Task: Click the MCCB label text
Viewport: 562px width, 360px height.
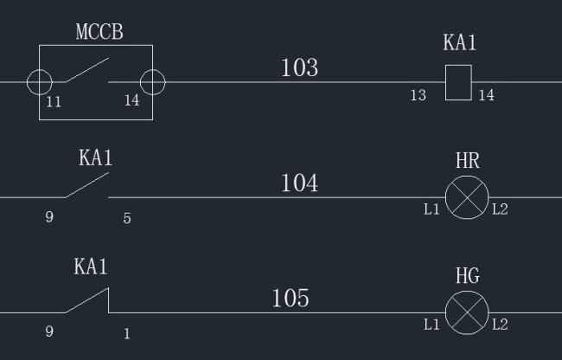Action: (99, 33)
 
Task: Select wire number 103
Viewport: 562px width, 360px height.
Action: (299, 67)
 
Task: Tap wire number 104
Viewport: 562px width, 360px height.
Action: (299, 183)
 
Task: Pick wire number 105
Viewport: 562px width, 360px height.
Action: (291, 299)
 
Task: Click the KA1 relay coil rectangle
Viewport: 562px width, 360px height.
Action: (458, 82)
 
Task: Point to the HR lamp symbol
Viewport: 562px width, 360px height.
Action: (467, 197)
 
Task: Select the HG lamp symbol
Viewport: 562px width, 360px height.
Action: (467, 312)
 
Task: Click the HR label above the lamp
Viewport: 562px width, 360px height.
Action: (467, 162)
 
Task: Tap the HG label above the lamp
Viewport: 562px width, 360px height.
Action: (467, 277)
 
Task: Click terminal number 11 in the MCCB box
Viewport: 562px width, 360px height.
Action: (54, 101)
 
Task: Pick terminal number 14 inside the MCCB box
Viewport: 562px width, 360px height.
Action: (131, 101)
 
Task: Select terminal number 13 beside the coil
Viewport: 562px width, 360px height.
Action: (418, 96)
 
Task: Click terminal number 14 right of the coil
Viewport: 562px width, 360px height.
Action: (487, 96)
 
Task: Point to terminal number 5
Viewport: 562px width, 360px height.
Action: (127, 219)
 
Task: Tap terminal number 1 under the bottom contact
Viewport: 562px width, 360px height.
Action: (127, 333)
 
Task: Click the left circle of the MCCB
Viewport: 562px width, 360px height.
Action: (40, 82)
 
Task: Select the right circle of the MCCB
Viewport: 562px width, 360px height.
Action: (152, 82)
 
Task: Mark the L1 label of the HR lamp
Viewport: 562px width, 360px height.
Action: (431, 210)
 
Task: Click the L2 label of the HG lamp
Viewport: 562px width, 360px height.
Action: (500, 325)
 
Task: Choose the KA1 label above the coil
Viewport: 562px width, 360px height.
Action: (460, 43)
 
